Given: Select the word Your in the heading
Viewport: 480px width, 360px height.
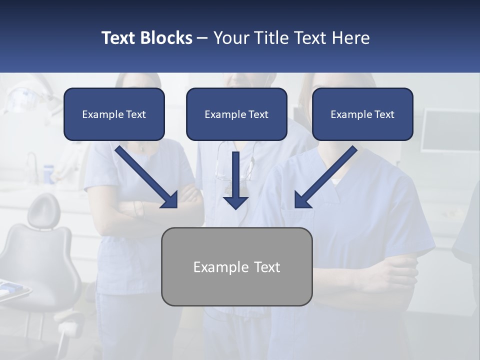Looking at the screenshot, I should click(230, 38).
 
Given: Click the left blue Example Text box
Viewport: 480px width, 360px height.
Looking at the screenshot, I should click(114, 114).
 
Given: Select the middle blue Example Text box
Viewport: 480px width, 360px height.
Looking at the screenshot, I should click(236, 114).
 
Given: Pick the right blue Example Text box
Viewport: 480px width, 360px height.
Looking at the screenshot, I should click(362, 114).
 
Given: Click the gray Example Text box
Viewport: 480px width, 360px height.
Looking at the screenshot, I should click(237, 266).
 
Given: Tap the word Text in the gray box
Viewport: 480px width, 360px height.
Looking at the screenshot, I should click(266, 267).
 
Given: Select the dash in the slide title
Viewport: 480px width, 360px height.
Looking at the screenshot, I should click(202, 38).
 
